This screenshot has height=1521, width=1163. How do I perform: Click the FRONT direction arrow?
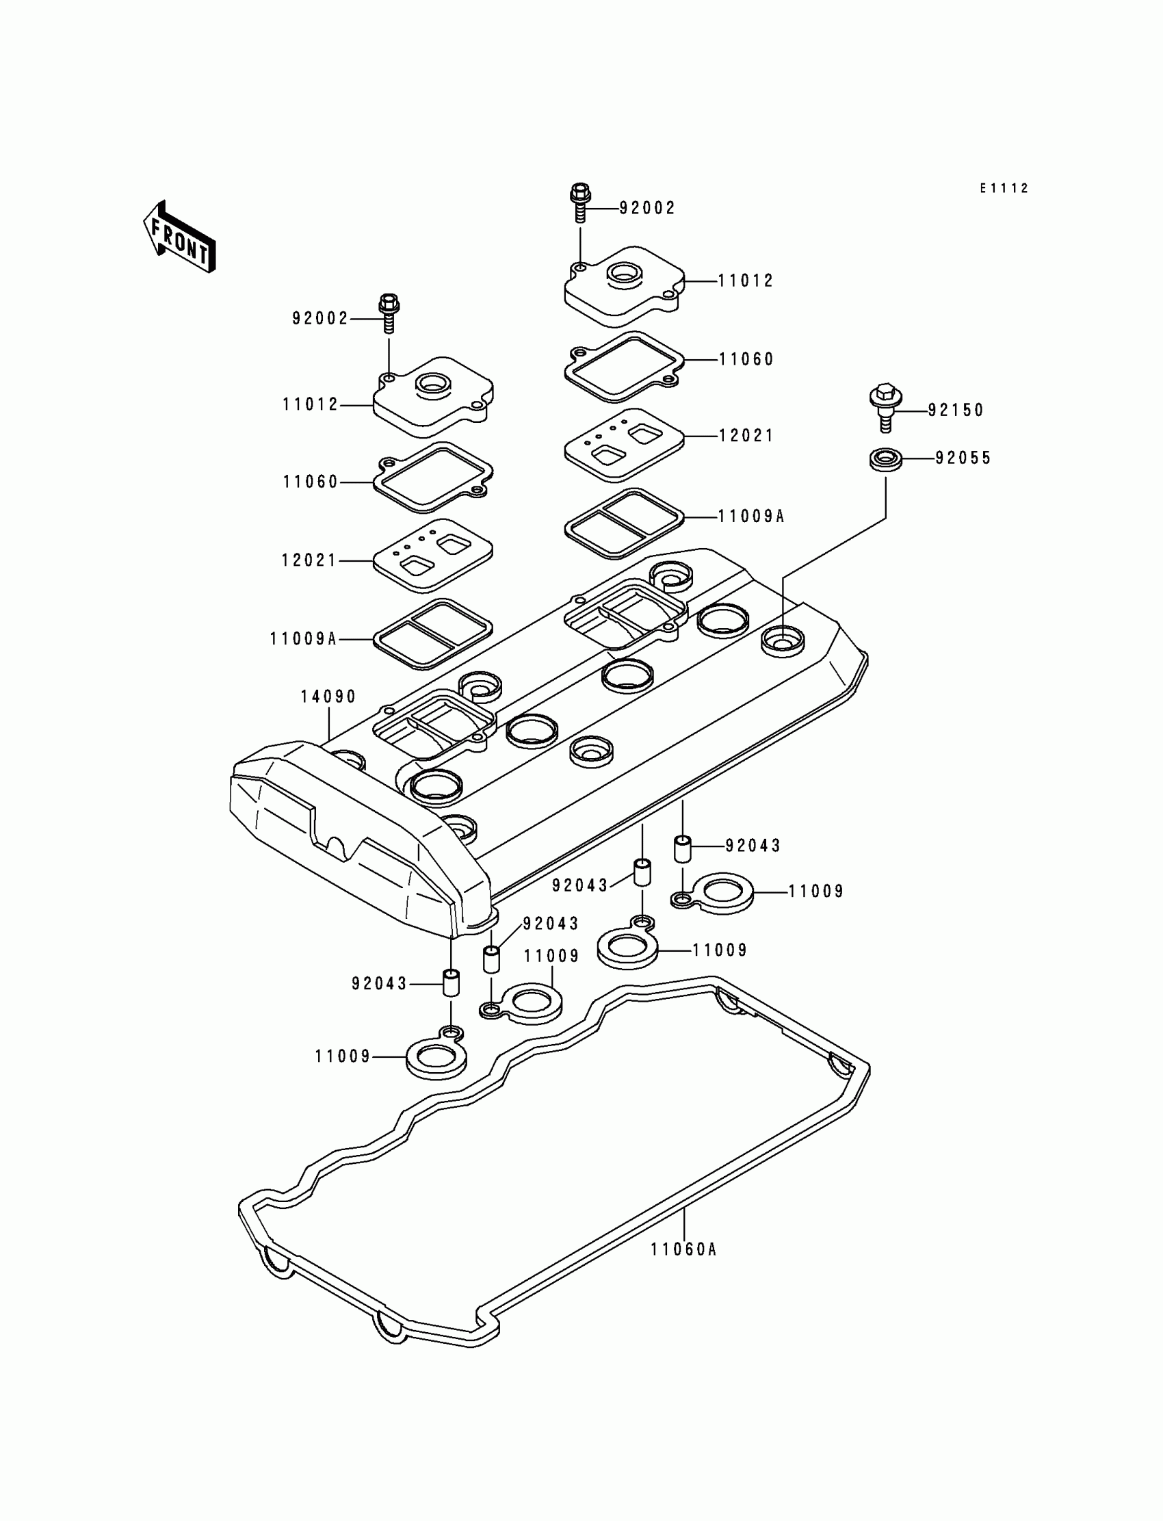point(179,237)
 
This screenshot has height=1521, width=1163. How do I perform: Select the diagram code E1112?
point(1004,188)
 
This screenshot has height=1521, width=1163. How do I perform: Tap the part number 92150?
point(955,410)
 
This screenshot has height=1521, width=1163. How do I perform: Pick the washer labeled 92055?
point(885,460)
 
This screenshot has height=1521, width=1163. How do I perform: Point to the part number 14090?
point(328,697)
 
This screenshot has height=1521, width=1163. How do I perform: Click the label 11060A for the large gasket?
point(683,1249)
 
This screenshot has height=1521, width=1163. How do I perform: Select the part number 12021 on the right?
point(746,435)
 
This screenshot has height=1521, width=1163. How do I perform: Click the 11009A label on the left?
point(303,639)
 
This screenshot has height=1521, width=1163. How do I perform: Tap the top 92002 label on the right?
point(646,208)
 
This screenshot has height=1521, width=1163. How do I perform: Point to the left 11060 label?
point(310,482)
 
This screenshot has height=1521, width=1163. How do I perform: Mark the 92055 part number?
point(963,458)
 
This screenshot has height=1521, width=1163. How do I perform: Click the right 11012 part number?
point(746,281)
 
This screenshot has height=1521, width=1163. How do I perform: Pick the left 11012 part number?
point(310,404)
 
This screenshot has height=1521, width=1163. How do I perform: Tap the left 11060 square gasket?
point(432,477)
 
